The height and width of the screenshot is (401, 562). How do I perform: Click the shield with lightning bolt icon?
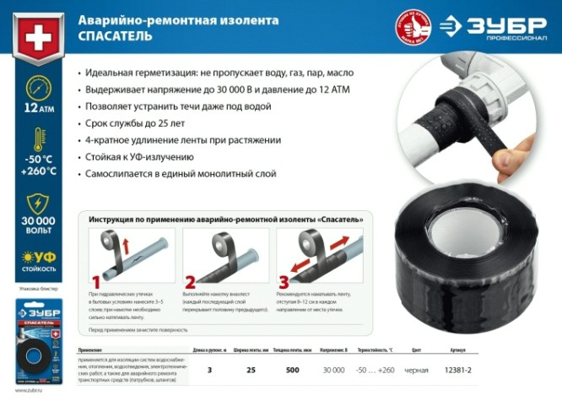tap(39, 204)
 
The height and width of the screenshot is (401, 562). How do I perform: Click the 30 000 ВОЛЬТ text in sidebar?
tap(39, 231)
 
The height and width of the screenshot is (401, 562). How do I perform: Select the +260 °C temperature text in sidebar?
tap(39, 171)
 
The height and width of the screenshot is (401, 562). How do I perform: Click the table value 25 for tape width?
tap(251, 371)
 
